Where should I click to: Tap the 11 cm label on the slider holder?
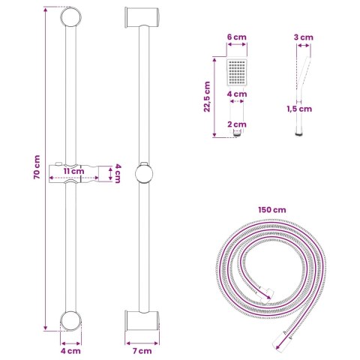73,170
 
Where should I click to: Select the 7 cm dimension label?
142,349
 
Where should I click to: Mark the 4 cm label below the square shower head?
237,94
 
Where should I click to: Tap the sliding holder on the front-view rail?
73,172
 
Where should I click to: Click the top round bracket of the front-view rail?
71,17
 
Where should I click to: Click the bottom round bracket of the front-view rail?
71,320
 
